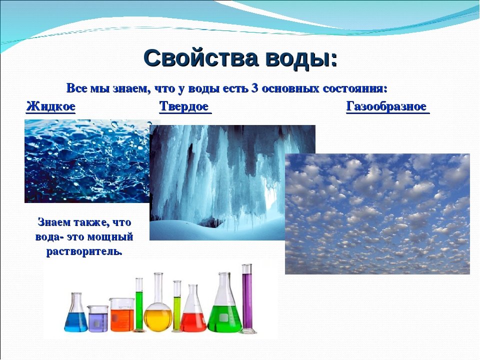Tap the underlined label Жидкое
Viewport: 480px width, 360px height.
tap(50, 106)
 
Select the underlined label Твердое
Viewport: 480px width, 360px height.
tap(184, 106)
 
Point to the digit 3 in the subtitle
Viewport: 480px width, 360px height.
tap(254, 88)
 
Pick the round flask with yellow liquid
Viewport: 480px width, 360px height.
tap(158, 312)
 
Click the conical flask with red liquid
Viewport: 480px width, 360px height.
tap(193, 315)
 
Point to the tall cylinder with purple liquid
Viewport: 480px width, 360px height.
tap(247, 300)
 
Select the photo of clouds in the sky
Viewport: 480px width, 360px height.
tap(377, 214)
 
